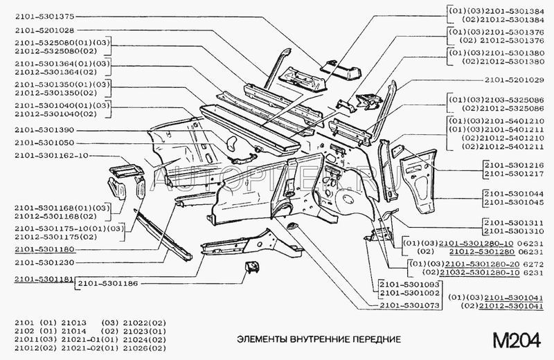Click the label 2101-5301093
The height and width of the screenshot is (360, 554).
pos(408,284)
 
